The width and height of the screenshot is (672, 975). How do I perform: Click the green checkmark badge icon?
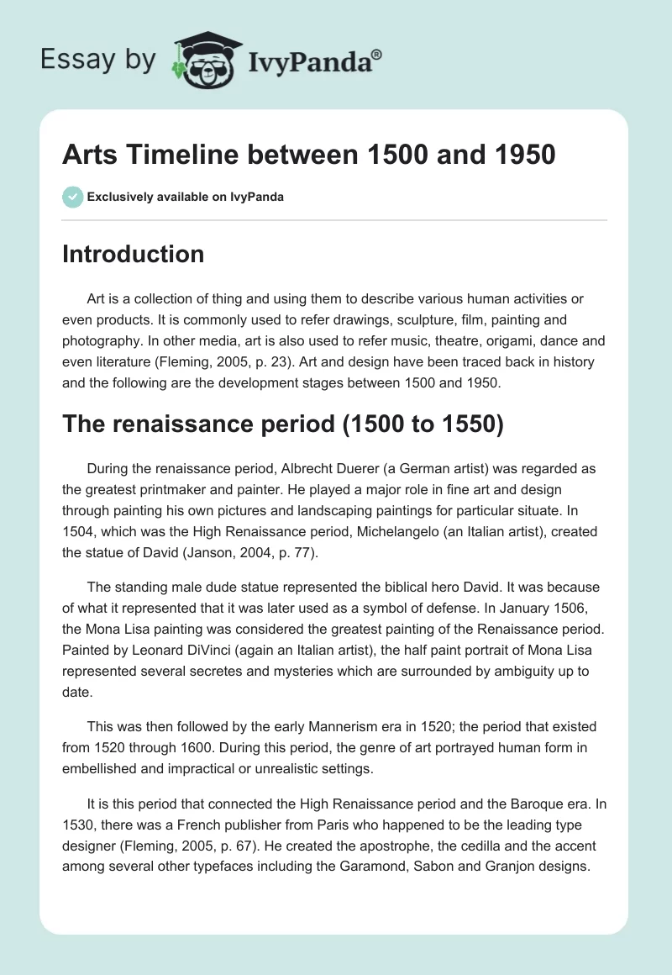[x=71, y=197]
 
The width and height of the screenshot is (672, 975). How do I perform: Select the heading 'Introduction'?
[x=133, y=254]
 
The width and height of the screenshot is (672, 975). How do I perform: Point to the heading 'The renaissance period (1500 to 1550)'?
[x=282, y=425]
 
